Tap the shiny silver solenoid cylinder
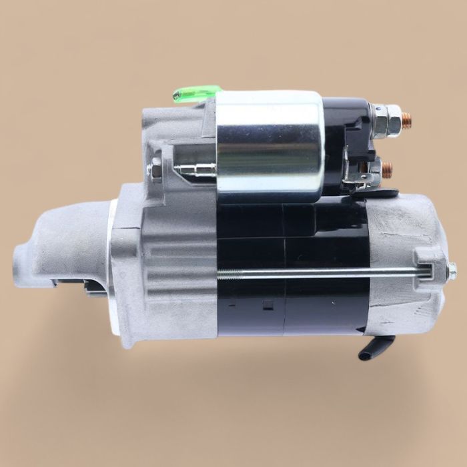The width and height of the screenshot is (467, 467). [x=270, y=146]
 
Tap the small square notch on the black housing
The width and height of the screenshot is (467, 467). [x=267, y=306]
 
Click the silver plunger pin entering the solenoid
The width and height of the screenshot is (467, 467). [x=193, y=170]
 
